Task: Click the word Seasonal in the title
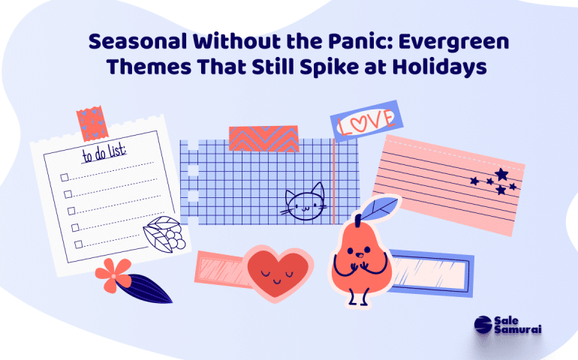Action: tap(137, 41)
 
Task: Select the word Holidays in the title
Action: tap(439, 67)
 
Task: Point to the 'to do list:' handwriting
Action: tap(104, 153)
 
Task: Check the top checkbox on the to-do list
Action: tap(65, 178)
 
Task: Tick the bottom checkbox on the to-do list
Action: tap(78, 244)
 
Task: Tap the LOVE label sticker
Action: tap(366, 121)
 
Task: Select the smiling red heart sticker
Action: tap(278, 273)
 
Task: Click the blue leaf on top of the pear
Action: tap(380, 208)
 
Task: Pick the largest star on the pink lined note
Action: tap(501, 174)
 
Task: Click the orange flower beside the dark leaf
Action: tap(113, 275)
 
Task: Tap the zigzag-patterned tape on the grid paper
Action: tap(263, 139)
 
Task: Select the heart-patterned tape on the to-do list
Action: tap(92, 124)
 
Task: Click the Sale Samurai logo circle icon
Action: tap(483, 325)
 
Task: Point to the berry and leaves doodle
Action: tap(164, 235)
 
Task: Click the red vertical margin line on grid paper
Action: tap(334, 181)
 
